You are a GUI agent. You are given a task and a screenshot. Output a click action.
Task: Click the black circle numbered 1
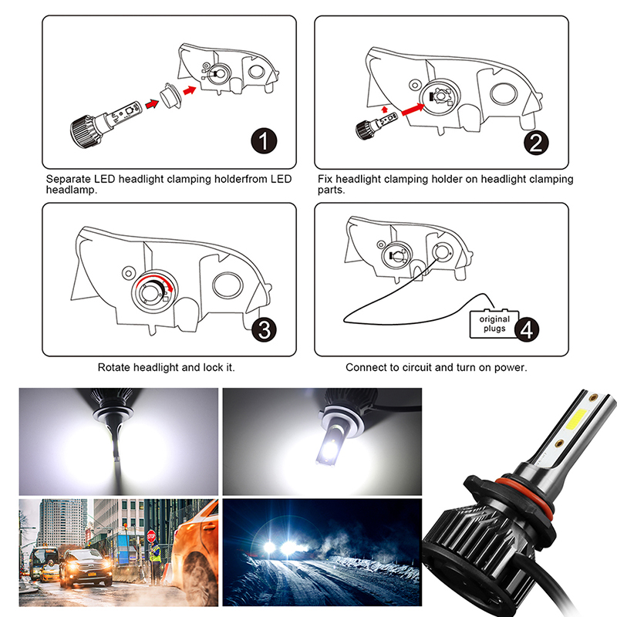click(x=264, y=141)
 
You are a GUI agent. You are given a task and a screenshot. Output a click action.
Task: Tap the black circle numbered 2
click(x=536, y=143)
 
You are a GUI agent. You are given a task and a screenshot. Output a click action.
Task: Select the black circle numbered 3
click(x=264, y=329)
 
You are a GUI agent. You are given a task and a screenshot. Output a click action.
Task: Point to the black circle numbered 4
click(x=527, y=329)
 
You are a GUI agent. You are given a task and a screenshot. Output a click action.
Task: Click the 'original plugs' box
click(x=494, y=323)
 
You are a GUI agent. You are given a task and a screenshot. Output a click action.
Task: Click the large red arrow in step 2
click(x=413, y=109)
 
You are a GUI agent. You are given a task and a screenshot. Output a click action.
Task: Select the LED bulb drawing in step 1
click(x=106, y=124)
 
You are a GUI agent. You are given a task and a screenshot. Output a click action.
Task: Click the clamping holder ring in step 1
click(x=171, y=95)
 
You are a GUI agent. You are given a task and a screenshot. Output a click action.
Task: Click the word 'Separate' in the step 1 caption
click(x=69, y=180)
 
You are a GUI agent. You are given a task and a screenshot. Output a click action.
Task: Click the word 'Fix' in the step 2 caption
click(x=325, y=179)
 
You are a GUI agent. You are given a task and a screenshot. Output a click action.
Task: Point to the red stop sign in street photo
click(x=151, y=536)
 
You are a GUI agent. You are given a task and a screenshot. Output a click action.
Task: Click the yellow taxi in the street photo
click(x=49, y=572)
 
